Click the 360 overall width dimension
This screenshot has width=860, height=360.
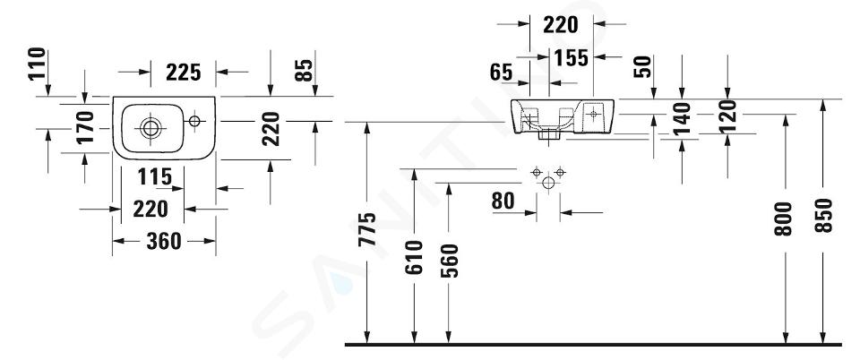[x=163, y=241]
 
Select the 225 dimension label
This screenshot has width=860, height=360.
[x=183, y=72]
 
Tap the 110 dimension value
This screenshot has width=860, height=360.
[x=38, y=64]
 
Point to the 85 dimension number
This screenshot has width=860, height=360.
[x=304, y=70]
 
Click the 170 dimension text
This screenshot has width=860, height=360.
[x=85, y=127]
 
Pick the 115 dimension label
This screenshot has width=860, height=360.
[x=155, y=177]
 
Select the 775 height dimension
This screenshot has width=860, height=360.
[x=367, y=229]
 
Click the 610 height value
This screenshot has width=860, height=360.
[x=415, y=257]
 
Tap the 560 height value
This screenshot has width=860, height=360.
[x=449, y=261]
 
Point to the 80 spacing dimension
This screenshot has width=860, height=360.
[x=503, y=201]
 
